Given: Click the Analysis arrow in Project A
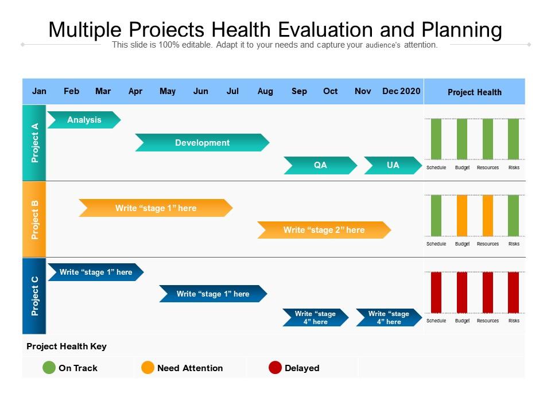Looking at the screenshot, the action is pos(84,120).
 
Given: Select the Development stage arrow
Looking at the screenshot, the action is pos(203,143).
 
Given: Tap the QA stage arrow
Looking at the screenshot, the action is pos(320,165).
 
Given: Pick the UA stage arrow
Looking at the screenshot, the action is pos(393,165).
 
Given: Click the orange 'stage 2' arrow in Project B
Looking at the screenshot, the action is pos(324,230).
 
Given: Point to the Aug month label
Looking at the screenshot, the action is pos(265,91).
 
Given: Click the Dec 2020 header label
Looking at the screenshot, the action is pos(401,91).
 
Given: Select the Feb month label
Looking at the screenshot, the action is pos(71,91).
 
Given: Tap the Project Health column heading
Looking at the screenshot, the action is pos(475,92).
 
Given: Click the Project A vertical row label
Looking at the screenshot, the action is pos(34,143).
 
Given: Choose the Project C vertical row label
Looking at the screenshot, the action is pos(34,296).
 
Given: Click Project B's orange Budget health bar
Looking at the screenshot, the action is pos(462,215).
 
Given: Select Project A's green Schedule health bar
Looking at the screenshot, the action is pos(436,139).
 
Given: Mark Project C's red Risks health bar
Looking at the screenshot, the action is pos(513,292).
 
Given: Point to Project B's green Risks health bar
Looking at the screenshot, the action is pos(513,215).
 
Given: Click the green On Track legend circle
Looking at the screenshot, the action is pos(49,368).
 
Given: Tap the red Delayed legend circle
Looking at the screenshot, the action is pos(275,368).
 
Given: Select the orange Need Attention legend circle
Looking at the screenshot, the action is pos(148,368).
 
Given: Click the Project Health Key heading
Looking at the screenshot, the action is pos(67,346).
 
